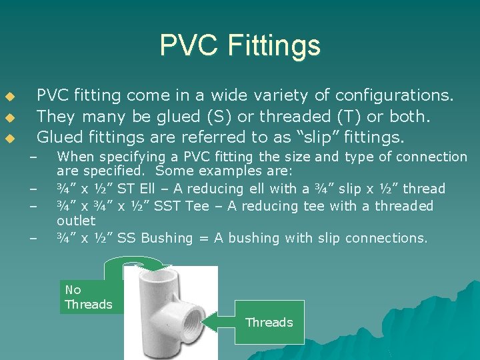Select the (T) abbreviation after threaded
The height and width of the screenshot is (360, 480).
pyautogui.click(x=353, y=117)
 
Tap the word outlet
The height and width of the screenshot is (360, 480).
pyautogui.click(x=76, y=221)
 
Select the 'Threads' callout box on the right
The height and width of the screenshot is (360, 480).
pyautogui.click(x=269, y=323)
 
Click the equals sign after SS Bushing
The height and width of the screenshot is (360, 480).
pyautogui.click(x=203, y=238)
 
